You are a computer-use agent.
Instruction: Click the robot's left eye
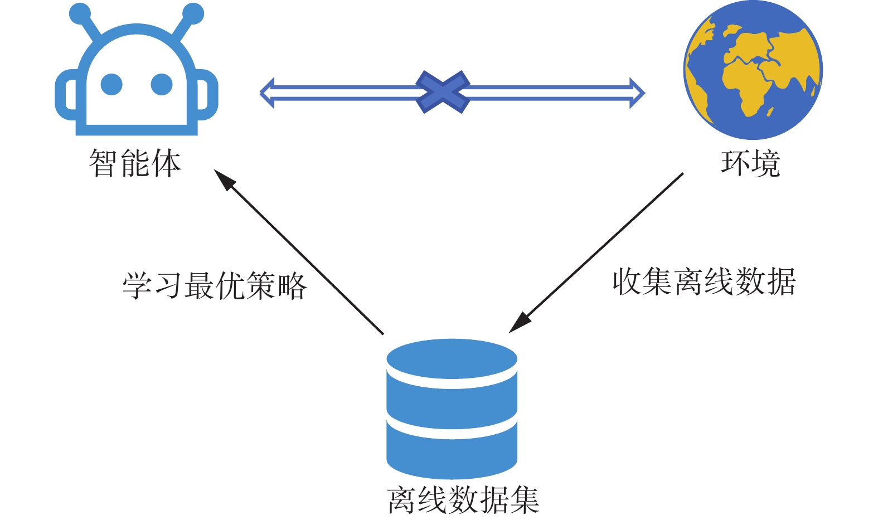pyautogui.click(x=111, y=84)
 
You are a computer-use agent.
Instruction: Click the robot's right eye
pyautogui.click(x=162, y=84)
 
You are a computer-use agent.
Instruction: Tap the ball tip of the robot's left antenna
pyautogui.click(x=80, y=13)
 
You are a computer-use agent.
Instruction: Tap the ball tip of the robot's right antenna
pyautogui.click(x=193, y=13)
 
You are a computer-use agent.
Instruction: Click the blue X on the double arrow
pyautogui.click(x=443, y=92)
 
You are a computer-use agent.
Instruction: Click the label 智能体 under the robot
pyautogui.click(x=135, y=163)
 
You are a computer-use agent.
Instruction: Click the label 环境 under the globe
pyautogui.click(x=750, y=163)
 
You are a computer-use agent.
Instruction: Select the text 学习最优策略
pyautogui.click(x=215, y=286)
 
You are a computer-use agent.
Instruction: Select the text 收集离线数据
pyautogui.click(x=704, y=281)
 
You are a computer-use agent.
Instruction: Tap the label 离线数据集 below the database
pyautogui.click(x=463, y=500)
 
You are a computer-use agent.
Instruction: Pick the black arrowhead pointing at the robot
pyautogui.click(x=224, y=179)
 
